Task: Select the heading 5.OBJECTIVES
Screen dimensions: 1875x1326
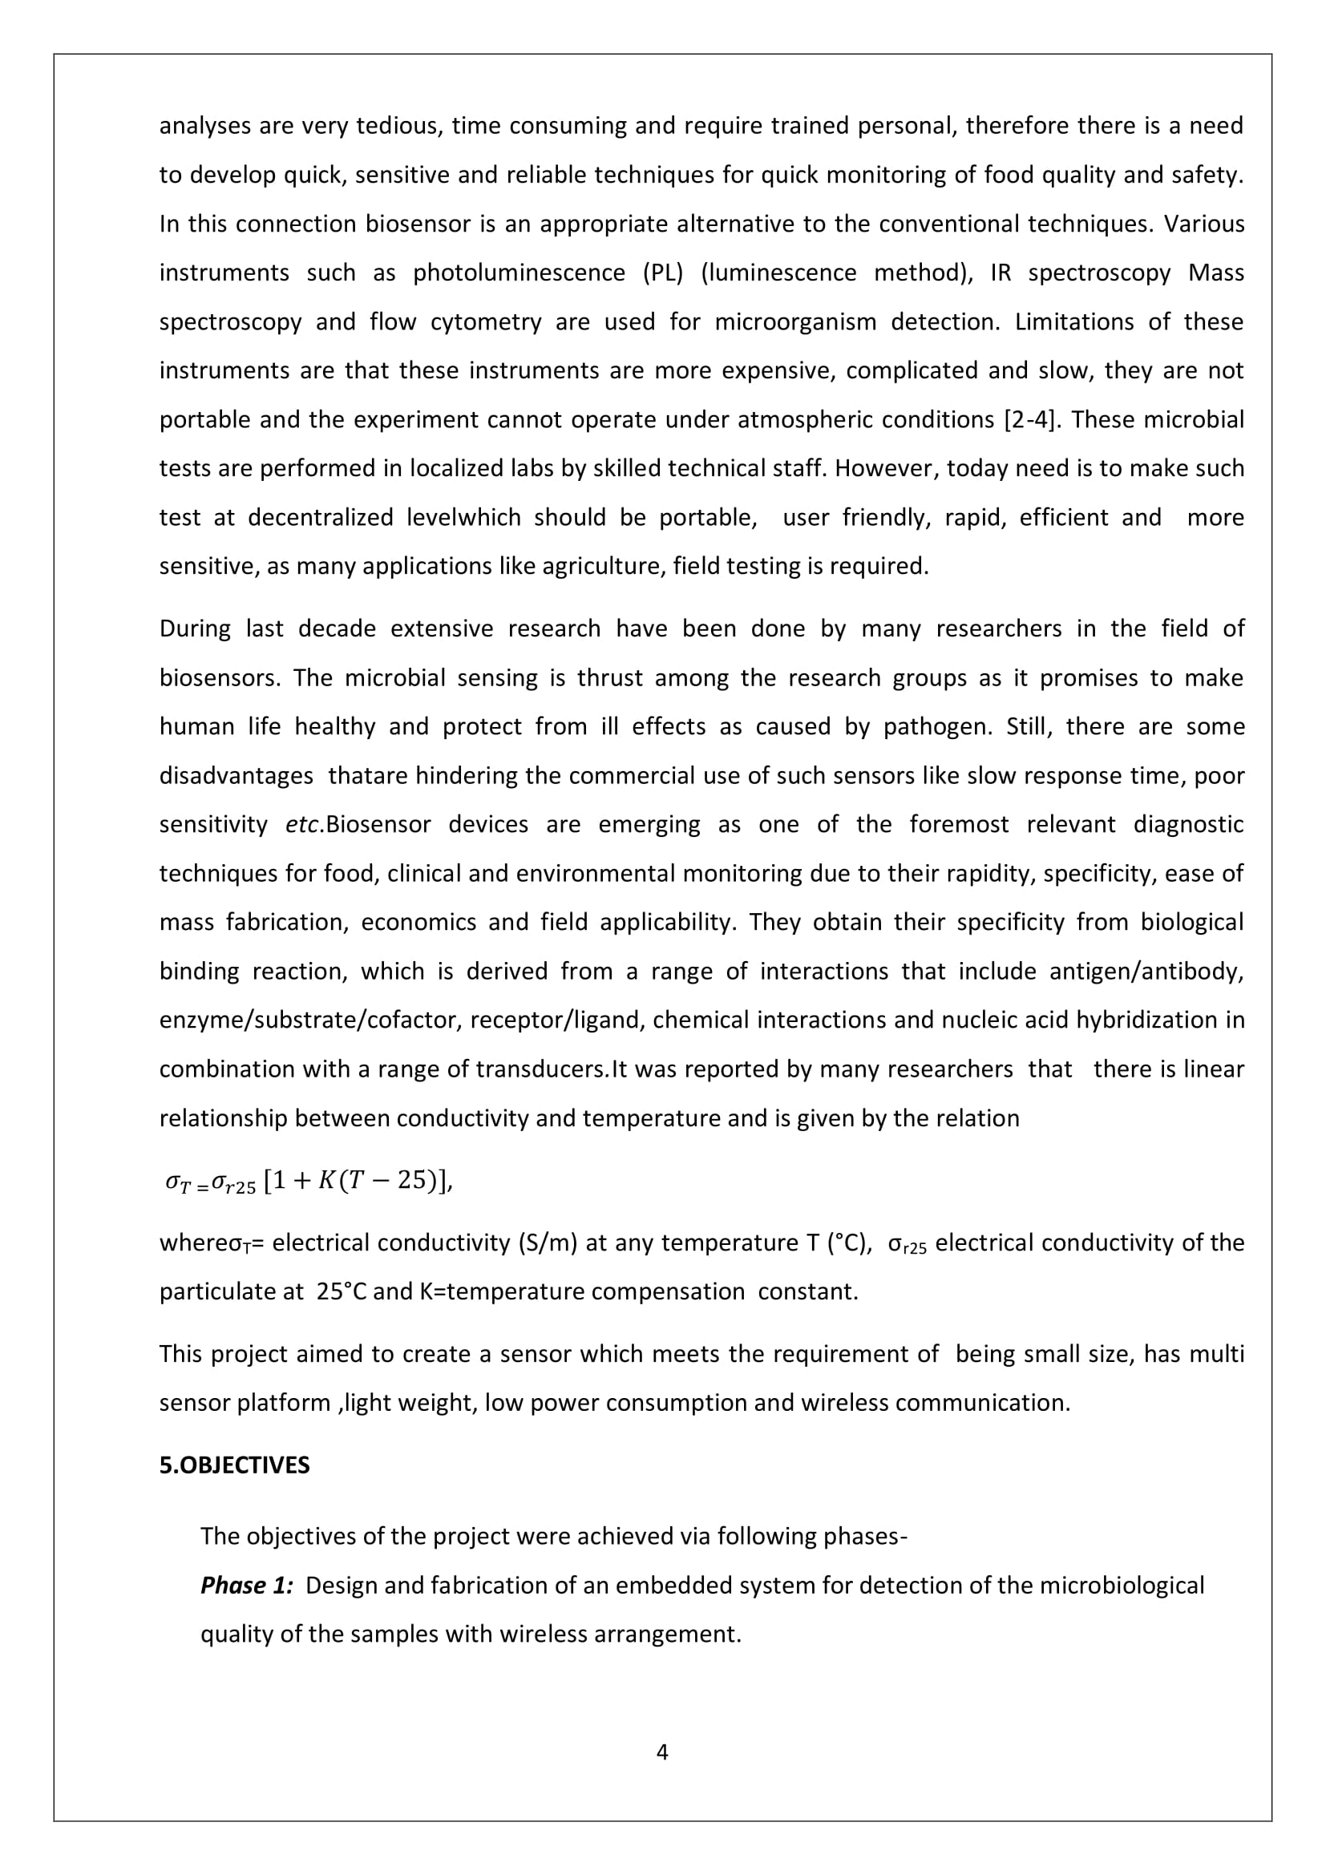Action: [234, 1465]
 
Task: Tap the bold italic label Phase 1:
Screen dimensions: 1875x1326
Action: [247, 1585]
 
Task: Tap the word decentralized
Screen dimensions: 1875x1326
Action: [321, 518]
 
